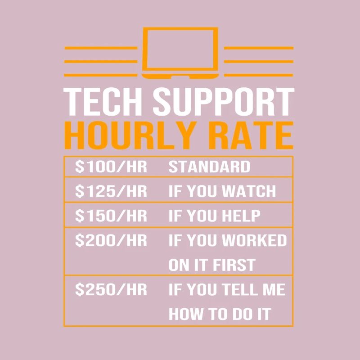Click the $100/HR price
click(111, 167)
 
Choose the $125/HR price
click(111, 191)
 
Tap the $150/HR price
click(111, 216)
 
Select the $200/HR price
click(111, 240)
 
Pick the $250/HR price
click(111, 289)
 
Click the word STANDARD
click(209, 167)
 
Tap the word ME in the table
click(275, 289)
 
